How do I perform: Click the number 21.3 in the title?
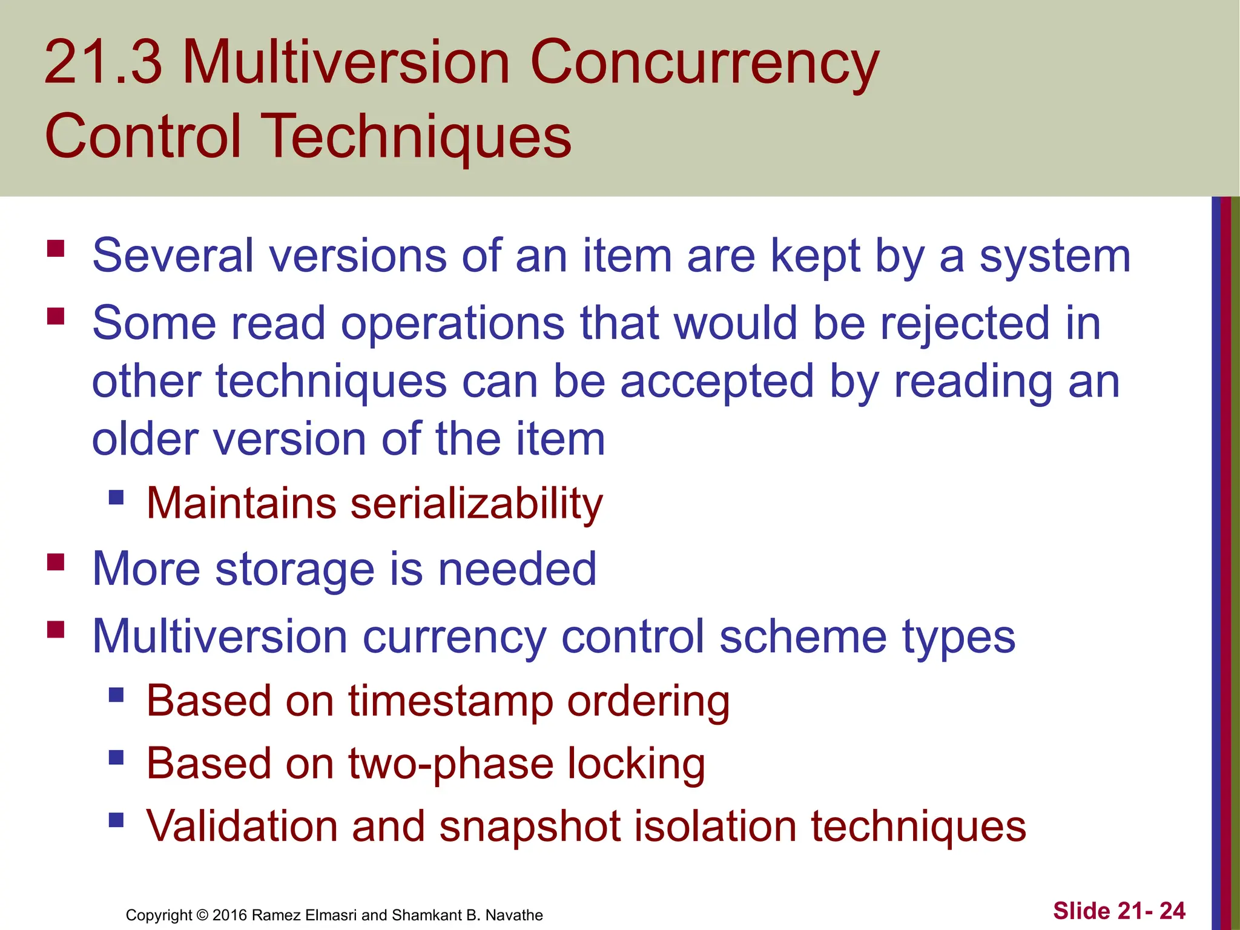(103, 62)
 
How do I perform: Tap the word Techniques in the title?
(418, 137)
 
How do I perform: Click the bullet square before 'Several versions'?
(56, 249)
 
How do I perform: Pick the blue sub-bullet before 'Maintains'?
(116, 498)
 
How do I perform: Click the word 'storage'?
(295, 569)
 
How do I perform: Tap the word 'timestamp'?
(450, 701)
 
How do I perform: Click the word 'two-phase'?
(450, 764)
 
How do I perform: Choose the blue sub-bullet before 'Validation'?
(116, 820)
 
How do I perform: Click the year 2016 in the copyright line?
(229, 915)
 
